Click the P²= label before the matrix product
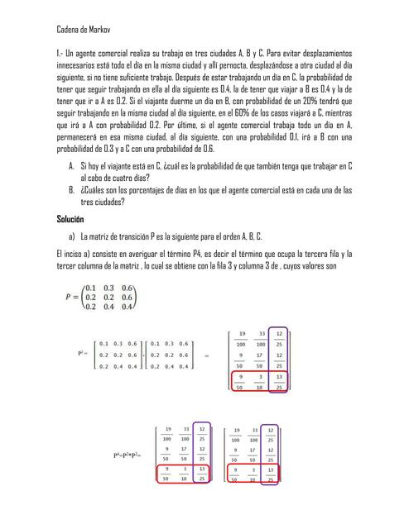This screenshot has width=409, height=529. coord(81,353)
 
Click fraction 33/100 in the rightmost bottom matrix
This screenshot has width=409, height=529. coord(253,436)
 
